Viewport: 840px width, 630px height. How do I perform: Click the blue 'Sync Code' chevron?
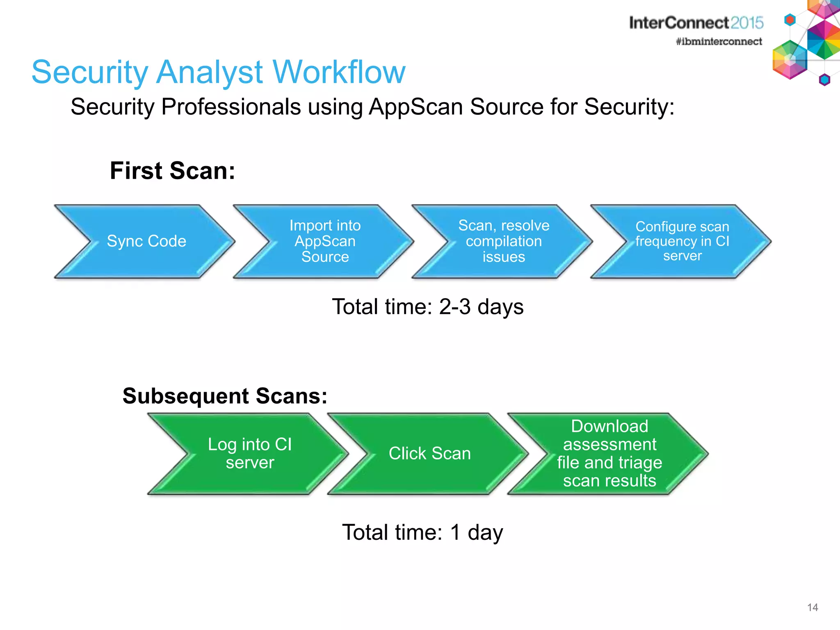click(146, 241)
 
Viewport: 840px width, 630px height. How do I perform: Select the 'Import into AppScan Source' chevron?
click(325, 241)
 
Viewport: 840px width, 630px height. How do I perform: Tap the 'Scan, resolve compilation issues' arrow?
click(504, 241)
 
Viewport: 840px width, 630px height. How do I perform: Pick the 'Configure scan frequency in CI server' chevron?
click(682, 241)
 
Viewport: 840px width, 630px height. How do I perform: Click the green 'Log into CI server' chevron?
click(249, 454)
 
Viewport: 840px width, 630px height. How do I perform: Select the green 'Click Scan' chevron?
click(429, 454)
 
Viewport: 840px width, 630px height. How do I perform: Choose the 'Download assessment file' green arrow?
click(609, 454)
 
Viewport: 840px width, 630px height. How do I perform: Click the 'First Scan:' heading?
click(172, 171)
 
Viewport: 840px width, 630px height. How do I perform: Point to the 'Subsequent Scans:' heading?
click(225, 396)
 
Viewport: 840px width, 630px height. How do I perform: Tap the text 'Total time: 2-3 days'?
click(427, 307)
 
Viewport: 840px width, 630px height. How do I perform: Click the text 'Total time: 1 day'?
click(422, 532)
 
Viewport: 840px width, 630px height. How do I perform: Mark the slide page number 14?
click(812, 607)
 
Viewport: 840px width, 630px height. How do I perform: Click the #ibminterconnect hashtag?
click(719, 41)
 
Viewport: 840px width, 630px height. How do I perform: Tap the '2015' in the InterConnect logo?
click(746, 23)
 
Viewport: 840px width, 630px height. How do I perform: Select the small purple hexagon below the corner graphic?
click(824, 80)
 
